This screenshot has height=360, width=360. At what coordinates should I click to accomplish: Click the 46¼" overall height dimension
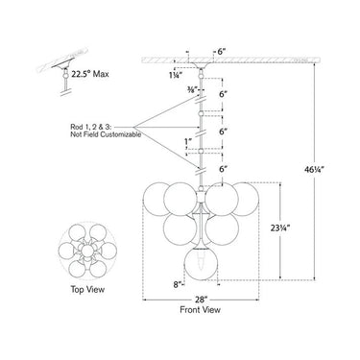point(314,170)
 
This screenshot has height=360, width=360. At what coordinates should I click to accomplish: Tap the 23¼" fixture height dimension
point(280,228)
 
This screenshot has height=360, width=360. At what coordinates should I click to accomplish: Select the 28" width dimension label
point(202,300)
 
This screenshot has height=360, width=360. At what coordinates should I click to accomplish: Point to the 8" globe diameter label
point(178,284)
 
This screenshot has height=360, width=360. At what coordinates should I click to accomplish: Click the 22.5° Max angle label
point(90,74)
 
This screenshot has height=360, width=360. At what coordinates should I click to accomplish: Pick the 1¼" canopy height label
point(176,76)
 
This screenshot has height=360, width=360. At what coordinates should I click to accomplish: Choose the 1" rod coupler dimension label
point(188,141)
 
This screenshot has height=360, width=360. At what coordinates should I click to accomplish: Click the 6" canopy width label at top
point(222,52)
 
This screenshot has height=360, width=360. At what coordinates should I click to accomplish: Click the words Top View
point(87,290)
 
